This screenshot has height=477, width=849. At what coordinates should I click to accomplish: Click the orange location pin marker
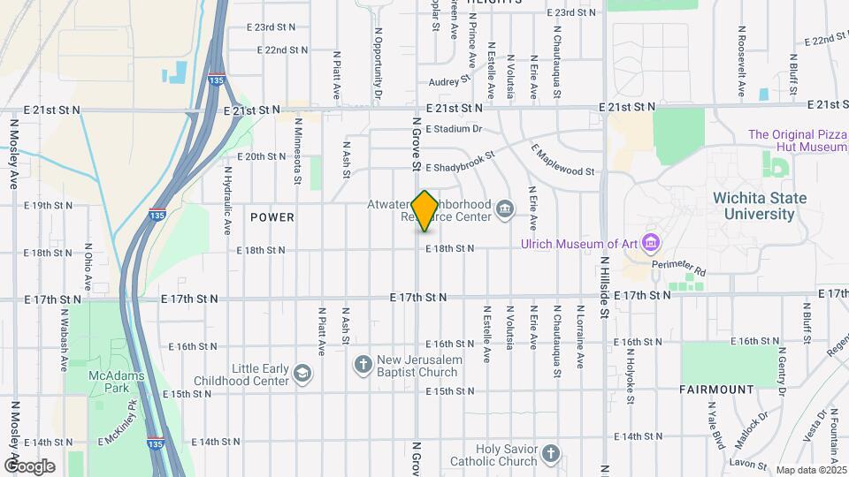(424, 210)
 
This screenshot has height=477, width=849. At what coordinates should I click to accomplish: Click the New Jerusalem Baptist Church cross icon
(363, 363)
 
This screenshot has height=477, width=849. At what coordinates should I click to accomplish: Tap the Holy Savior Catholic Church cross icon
(551, 454)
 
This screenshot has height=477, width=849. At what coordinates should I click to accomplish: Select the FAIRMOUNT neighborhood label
(717, 389)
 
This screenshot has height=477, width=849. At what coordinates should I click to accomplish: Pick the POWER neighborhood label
(272, 217)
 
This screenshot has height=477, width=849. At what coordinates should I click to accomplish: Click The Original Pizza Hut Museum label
(798, 140)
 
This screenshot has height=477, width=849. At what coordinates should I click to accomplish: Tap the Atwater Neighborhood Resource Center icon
(504, 209)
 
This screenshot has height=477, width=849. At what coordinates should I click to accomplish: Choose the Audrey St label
(449, 80)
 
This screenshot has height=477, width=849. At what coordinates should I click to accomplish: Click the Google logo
(29, 466)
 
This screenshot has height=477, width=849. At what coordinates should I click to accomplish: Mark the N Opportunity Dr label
(378, 62)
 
